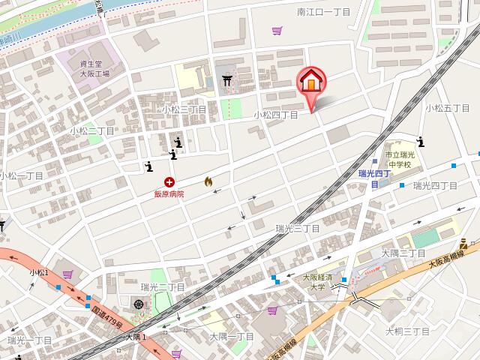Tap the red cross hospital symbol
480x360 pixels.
pyautogui.click(x=169, y=181)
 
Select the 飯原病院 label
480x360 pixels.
pyautogui.click(x=169, y=193)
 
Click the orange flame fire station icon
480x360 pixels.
pyautogui.click(x=208, y=181)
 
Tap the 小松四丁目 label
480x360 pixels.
pyautogui.click(x=275, y=115)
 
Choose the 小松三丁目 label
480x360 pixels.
pyautogui.click(x=184, y=109)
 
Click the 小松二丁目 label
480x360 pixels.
pyautogui.click(x=92, y=130)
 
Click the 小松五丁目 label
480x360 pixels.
pyautogui.click(x=448, y=108)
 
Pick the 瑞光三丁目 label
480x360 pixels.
pyautogui.click(x=297, y=228)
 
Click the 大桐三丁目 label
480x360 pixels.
pyautogui.click(x=407, y=331)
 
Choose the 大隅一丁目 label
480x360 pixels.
pyautogui.click(x=232, y=336)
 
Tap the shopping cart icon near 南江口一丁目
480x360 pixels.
pyautogui.click(x=277, y=31)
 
